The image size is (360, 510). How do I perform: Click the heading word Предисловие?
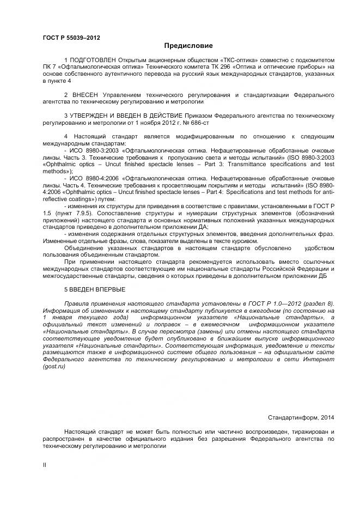click(x=188, y=46)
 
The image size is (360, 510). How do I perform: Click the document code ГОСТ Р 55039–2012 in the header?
click(x=71, y=37)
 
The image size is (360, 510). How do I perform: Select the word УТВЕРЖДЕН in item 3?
click(x=90, y=116)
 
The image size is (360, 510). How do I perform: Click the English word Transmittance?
click(x=247, y=164)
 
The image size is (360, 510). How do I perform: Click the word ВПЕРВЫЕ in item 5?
click(x=111, y=289)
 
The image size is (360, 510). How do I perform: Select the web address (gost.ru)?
click(x=54, y=367)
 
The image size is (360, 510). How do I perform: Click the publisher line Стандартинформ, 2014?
click(x=301, y=417)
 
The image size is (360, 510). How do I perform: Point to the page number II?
click(x=45, y=465)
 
